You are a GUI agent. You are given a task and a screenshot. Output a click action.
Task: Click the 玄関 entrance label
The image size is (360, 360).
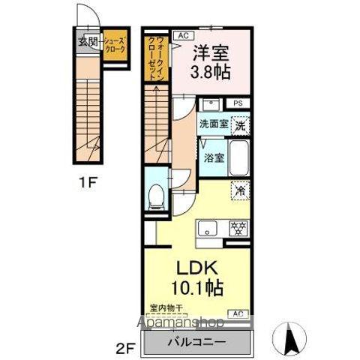[x=87, y=42]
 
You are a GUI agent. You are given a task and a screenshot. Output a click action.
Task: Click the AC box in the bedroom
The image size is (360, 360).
[x=183, y=34]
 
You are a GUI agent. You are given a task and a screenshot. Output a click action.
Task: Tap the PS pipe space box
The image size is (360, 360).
[x=238, y=103]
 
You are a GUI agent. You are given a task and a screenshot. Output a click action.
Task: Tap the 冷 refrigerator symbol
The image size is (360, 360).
[x=240, y=190]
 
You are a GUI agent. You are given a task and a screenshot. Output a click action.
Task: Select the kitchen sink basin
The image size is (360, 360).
[x=208, y=229]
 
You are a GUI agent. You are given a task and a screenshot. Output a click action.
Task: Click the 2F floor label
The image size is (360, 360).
[x=127, y=348]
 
